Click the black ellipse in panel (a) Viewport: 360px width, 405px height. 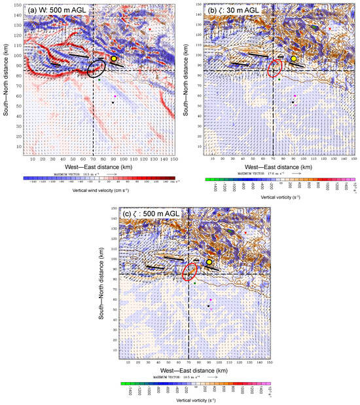[x=98, y=68]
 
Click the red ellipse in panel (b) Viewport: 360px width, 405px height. [x=277, y=67]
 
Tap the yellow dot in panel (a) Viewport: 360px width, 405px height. [x=114, y=58]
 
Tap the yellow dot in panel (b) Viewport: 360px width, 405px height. [x=295, y=58]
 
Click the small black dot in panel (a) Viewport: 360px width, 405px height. [x=113, y=102]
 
